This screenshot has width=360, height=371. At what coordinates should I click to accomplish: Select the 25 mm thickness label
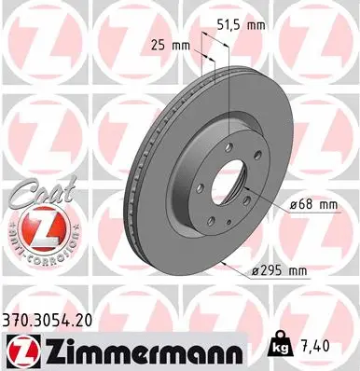[x=167, y=43]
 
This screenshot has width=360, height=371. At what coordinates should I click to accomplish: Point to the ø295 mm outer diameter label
[x=280, y=270]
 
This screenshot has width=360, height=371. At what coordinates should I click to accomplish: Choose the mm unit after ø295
[x=298, y=270]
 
